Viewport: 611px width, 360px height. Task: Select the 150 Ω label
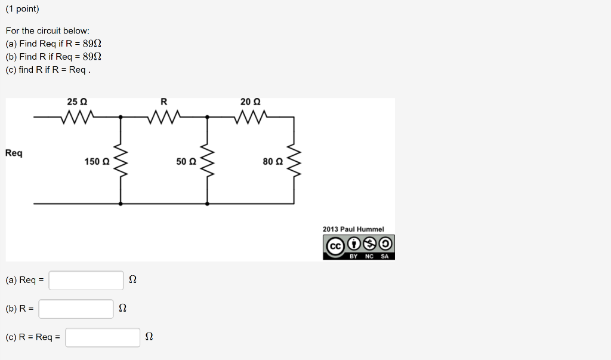[x=97, y=161]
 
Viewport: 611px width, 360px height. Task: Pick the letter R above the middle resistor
[x=163, y=102]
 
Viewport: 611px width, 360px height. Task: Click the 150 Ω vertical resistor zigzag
[x=121, y=161]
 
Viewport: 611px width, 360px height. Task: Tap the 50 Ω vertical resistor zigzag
[x=207, y=161]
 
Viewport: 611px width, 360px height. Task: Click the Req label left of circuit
[x=14, y=153]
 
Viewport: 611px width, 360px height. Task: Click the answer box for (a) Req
[x=86, y=280]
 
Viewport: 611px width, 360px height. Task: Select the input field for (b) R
[x=76, y=309]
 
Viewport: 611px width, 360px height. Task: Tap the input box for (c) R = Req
[x=103, y=337]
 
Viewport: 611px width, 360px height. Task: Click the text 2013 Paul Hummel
[x=353, y=229]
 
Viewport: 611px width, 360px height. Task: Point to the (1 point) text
[x=22, y=10]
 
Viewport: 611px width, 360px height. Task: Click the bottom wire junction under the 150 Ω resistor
[x=121, y=204]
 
